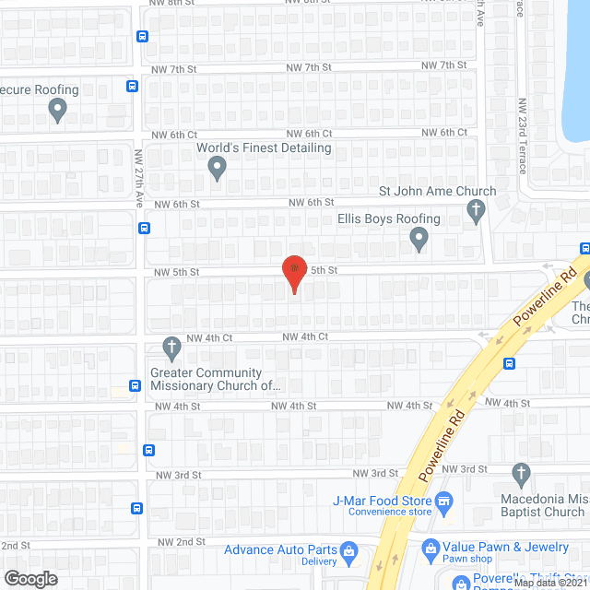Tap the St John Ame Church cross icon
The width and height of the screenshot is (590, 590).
coord(477,213)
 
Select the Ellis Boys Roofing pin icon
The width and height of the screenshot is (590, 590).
coord(419,241)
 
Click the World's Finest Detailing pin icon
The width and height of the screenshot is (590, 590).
coord(218,168)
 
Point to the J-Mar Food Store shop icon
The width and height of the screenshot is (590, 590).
coord(444,501)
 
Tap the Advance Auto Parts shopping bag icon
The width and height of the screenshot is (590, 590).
coord(349,551)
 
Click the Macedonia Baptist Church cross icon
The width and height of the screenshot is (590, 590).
coord(521,476)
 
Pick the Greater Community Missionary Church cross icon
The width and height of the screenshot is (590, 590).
coord(171,348)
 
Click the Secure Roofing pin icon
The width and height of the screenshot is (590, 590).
coord(57,111)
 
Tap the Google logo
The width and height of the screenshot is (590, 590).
coord(29,578)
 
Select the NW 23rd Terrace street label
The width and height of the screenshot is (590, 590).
coord(522,137)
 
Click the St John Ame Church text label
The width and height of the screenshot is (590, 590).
coord(438,192)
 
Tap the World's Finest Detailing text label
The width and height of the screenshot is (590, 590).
coord(264,147)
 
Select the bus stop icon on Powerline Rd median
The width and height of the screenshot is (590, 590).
coord(509,363)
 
